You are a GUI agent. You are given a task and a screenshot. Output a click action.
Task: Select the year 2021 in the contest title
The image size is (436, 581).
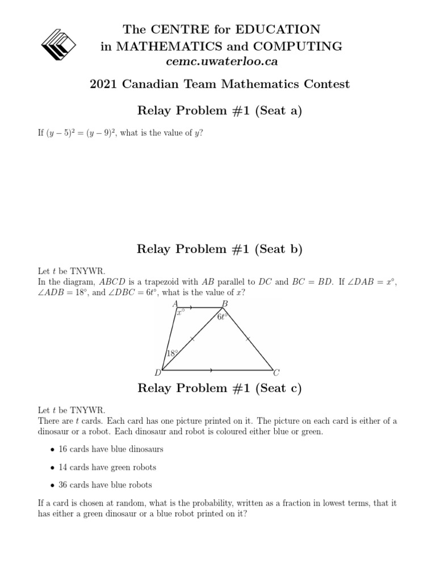pyautogui.click(x=104, y=85)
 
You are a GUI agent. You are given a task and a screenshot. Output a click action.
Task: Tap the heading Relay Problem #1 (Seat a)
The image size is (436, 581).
pyautogui.click(x=220, y=111)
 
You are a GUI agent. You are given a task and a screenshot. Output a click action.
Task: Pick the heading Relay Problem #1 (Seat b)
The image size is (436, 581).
pyautogui.click(x=220, y=249)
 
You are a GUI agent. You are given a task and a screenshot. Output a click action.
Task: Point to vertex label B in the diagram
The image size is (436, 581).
pyautogui.click(x=225, y=305)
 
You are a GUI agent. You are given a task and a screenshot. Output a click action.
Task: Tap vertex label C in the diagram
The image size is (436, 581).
pyautogui.click(x=276, y=373)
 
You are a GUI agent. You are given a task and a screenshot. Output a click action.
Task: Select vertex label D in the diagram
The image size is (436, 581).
pyautogui.click(x=158, y=373)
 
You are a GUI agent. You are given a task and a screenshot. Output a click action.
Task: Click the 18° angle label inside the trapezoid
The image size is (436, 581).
pyautogui.click(x=172, y=353)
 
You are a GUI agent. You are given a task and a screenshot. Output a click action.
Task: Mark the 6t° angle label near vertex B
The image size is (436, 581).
pyautogui.click(x=222, y=318)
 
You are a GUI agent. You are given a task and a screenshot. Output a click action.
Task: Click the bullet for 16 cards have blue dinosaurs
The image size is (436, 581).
pyautogui.click(x=52, y=449)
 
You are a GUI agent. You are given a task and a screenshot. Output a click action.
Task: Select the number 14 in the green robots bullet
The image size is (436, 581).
pyautogui.click(x=64, y=467)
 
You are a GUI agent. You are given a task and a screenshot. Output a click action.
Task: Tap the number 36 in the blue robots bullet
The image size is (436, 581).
pyautogui.click(x=64, y=485)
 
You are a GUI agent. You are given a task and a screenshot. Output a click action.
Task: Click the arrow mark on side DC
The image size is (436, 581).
pyautogui.click(x=212, y=370)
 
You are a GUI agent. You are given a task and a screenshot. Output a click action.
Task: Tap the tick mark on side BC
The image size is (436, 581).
pyautogui.click(x=248, y=339)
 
